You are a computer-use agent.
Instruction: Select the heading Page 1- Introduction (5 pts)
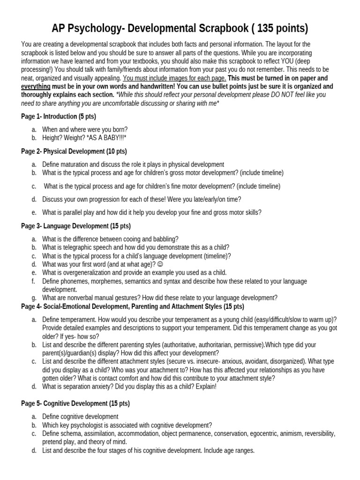[59, 116]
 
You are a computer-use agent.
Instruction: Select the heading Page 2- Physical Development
[74, 151]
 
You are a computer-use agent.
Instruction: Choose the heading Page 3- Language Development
[76, 225]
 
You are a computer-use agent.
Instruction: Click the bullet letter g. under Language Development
[34, 298]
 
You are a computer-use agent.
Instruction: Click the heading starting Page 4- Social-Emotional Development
[133, 307]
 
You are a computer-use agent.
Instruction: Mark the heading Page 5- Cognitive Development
[75, 403]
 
